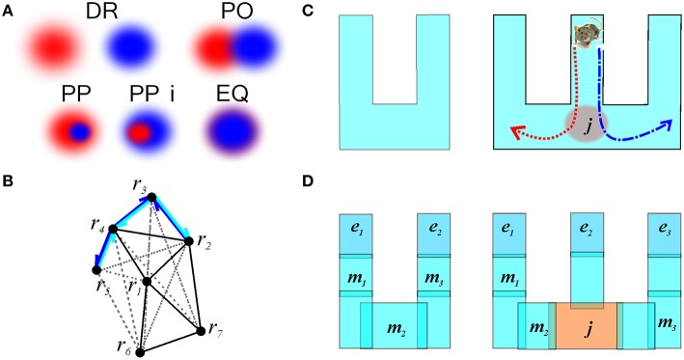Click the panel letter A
(x=8, y=10)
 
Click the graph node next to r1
(x=147, y=282)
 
